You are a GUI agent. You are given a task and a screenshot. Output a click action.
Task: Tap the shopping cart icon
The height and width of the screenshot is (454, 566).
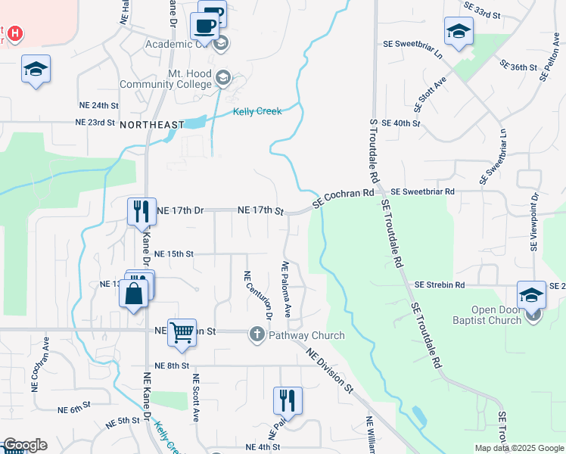coord(182,331)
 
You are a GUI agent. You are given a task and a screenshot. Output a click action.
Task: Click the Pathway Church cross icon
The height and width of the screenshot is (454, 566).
coord(257,334)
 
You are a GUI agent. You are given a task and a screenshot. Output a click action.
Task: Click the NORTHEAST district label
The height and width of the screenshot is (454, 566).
coord(151,124)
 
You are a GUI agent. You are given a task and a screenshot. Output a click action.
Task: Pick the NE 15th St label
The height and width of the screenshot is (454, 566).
coord(174,254)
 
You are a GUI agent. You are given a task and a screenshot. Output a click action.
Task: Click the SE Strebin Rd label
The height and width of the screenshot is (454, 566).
coord(439,285)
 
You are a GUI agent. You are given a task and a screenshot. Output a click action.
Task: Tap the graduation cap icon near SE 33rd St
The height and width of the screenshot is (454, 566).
coord(459,31)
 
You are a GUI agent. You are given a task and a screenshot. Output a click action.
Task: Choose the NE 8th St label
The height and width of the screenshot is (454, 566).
coord(170,365)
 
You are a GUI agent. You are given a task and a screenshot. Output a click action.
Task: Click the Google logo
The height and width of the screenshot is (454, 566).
coord(24,445)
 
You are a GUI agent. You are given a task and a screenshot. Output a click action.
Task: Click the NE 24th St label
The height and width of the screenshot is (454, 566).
coord(99,105)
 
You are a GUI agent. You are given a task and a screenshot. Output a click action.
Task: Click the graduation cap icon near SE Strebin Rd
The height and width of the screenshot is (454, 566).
coord(531,294)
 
